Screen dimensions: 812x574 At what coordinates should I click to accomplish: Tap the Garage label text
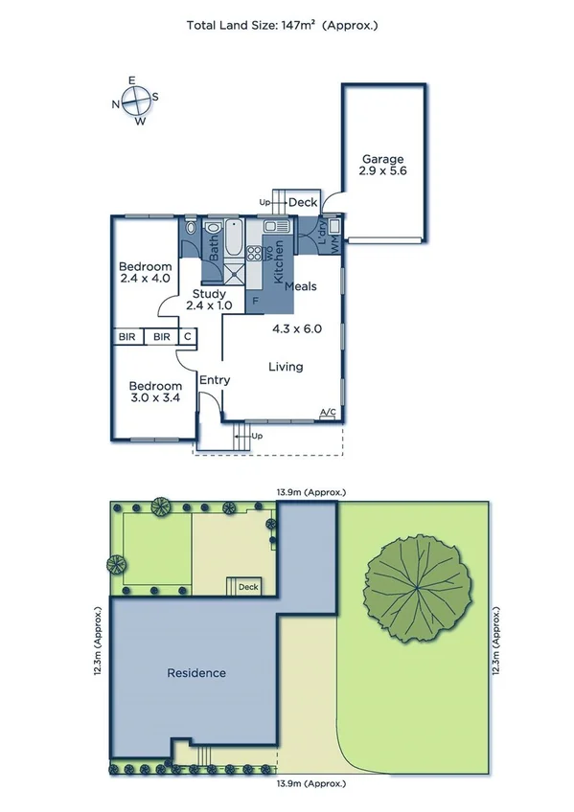click(382, 160)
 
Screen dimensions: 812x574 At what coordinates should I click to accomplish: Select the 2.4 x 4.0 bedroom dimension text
click(145, 279)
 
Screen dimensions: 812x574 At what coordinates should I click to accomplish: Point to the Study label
click(209, 294)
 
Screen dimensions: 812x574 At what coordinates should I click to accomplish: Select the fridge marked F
click(255, 300)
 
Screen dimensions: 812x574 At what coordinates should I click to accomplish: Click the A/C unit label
click(328, 414)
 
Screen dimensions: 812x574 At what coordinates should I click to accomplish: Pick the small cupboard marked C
click(188, 337)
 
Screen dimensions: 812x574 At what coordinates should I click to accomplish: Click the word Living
click(286, 367)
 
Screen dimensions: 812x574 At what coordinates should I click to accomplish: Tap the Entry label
click(215, 380)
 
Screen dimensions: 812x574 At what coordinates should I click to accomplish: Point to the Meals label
click(301, 286)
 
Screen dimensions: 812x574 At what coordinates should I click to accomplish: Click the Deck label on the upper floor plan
click(303, 203)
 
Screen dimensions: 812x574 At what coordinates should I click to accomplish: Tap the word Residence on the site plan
click(196, 673)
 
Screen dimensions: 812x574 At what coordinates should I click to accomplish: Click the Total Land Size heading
click(282, 26)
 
